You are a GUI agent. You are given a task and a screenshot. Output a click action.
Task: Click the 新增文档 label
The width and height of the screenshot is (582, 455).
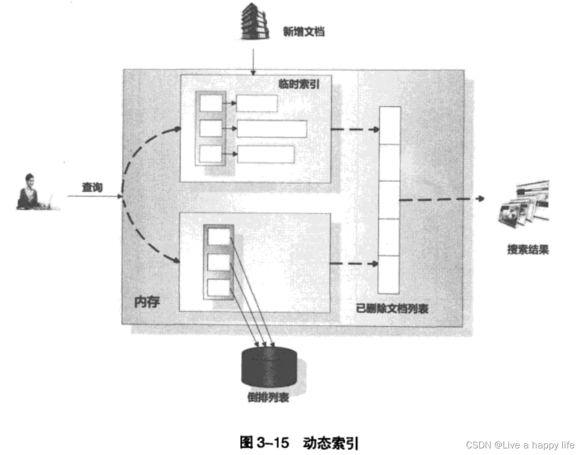point(304,32)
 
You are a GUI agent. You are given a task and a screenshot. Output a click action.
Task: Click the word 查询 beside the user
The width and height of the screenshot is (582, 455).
point(92,187)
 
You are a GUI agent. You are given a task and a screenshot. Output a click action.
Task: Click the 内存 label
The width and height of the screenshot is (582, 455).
point(147,302)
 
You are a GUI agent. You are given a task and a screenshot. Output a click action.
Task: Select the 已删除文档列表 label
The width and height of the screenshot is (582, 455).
point(392,308)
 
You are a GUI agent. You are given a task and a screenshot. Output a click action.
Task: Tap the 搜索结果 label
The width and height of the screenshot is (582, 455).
point(528,249)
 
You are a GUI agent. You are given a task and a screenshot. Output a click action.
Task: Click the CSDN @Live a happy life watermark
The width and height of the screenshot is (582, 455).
point(520,445)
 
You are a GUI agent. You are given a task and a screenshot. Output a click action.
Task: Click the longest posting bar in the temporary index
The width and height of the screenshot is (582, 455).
point(272,129)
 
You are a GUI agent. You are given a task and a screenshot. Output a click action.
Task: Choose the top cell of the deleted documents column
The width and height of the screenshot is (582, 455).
point(389,125)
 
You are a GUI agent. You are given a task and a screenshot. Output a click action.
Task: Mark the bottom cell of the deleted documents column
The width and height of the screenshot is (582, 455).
point(389,275)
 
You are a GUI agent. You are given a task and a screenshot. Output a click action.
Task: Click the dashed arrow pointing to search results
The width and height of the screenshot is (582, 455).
point(441,199)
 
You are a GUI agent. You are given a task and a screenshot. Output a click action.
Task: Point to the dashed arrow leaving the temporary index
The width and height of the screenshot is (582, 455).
point(355,129)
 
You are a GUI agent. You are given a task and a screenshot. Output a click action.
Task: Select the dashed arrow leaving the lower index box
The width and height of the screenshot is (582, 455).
point(355,263)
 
